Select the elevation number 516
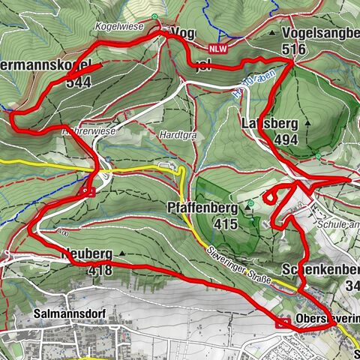[298, 49]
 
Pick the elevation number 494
[286, 139]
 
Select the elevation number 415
[224, 223]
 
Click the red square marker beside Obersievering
[284, 323]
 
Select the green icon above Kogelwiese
[154, 16]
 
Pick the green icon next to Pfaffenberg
[250, 203]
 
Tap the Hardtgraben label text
[178, 136]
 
